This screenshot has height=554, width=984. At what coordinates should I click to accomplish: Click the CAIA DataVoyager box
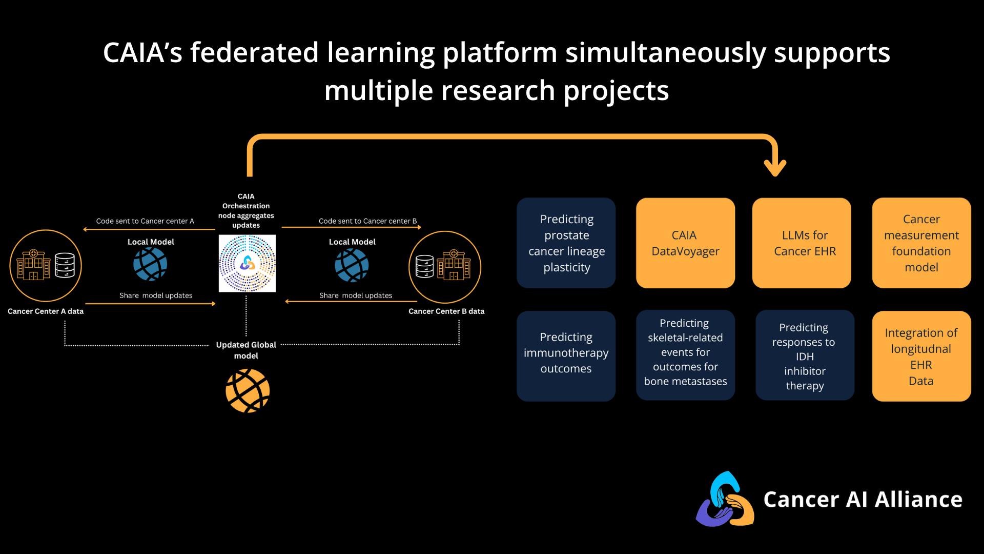click(x=685, y=243)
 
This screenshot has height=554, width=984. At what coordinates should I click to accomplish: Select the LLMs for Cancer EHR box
click(x=802, y=243)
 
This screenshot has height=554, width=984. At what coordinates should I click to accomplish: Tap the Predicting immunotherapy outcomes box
click(x=566, y=356)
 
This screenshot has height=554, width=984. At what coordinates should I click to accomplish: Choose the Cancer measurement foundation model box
click(x=921, y=243)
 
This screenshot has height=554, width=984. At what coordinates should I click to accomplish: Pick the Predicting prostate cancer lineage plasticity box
click(x=566, y=243)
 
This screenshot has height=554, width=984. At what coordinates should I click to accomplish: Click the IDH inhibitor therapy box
click(x=805, y=355)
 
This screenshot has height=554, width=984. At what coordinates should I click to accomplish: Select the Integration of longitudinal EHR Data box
click(x=921, y=356)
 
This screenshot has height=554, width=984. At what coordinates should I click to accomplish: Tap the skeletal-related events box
click(x=685, y=355)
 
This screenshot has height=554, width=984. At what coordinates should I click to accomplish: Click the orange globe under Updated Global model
click(x=248, y=391)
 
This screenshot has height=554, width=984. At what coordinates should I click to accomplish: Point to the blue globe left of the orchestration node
click(x=150, y=264)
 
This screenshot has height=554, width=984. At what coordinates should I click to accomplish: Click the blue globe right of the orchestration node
click(x=352, y=265)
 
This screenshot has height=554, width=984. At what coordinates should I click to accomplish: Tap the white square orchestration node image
click(x=247, y=263)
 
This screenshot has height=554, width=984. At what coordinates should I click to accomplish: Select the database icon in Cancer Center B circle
click(x=425, y=266)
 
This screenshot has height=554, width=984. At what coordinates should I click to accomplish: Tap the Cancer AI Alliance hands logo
click(x=725, y=500)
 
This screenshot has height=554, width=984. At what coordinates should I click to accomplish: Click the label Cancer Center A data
click(x=46, y=311)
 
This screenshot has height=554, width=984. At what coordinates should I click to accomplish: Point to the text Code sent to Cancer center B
click(x=367, y=221)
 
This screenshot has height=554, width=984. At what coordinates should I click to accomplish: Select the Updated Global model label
click(x=246, y=350)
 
